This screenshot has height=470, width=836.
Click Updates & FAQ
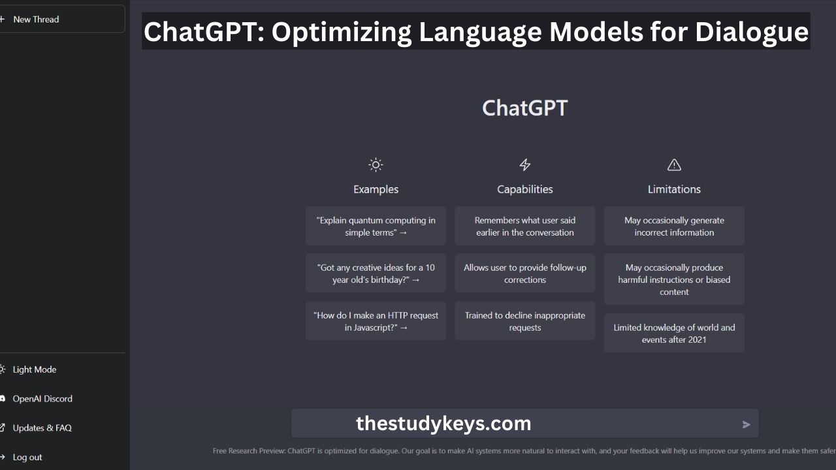[x=42, y=428]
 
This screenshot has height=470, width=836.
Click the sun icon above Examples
[x=376, y=165]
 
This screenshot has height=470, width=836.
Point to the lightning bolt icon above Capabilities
[x=524, y=164]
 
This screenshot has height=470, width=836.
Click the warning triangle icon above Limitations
[x=674, y=165]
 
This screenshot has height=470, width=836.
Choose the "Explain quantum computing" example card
[x=376, y=226]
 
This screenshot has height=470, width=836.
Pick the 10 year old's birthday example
[x=376, y=274]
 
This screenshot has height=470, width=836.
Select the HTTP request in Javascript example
[x=376, y=321]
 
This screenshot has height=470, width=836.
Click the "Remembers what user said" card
[x=524, y=226]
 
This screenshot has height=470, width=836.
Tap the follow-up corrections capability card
[x=524, y=274]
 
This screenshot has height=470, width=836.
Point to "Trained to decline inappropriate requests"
[x=524, y=321]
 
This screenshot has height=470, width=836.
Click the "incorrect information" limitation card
[x=674, y=226]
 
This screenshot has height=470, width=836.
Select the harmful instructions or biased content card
[x=674, y=279]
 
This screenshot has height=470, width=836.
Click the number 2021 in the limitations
[x=697, y=340]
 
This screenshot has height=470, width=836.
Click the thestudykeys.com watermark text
[x=443, y=424]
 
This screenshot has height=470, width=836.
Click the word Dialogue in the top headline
[x=752, y=32]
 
